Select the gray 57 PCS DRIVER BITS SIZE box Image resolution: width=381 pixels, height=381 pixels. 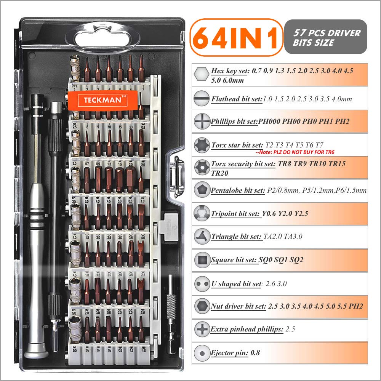(326, 37)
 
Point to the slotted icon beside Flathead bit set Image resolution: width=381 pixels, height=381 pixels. (201, 99)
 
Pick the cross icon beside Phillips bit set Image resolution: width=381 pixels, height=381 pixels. (201, 122)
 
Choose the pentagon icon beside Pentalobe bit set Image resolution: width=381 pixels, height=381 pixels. (201, 190)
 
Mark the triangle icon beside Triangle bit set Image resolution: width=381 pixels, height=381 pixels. (201, 236)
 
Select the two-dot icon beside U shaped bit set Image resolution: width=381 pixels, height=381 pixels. (201, 283)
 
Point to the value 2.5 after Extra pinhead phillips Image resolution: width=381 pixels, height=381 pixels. (290, 329)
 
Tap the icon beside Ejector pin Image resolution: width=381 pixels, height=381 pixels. (201, 353)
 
